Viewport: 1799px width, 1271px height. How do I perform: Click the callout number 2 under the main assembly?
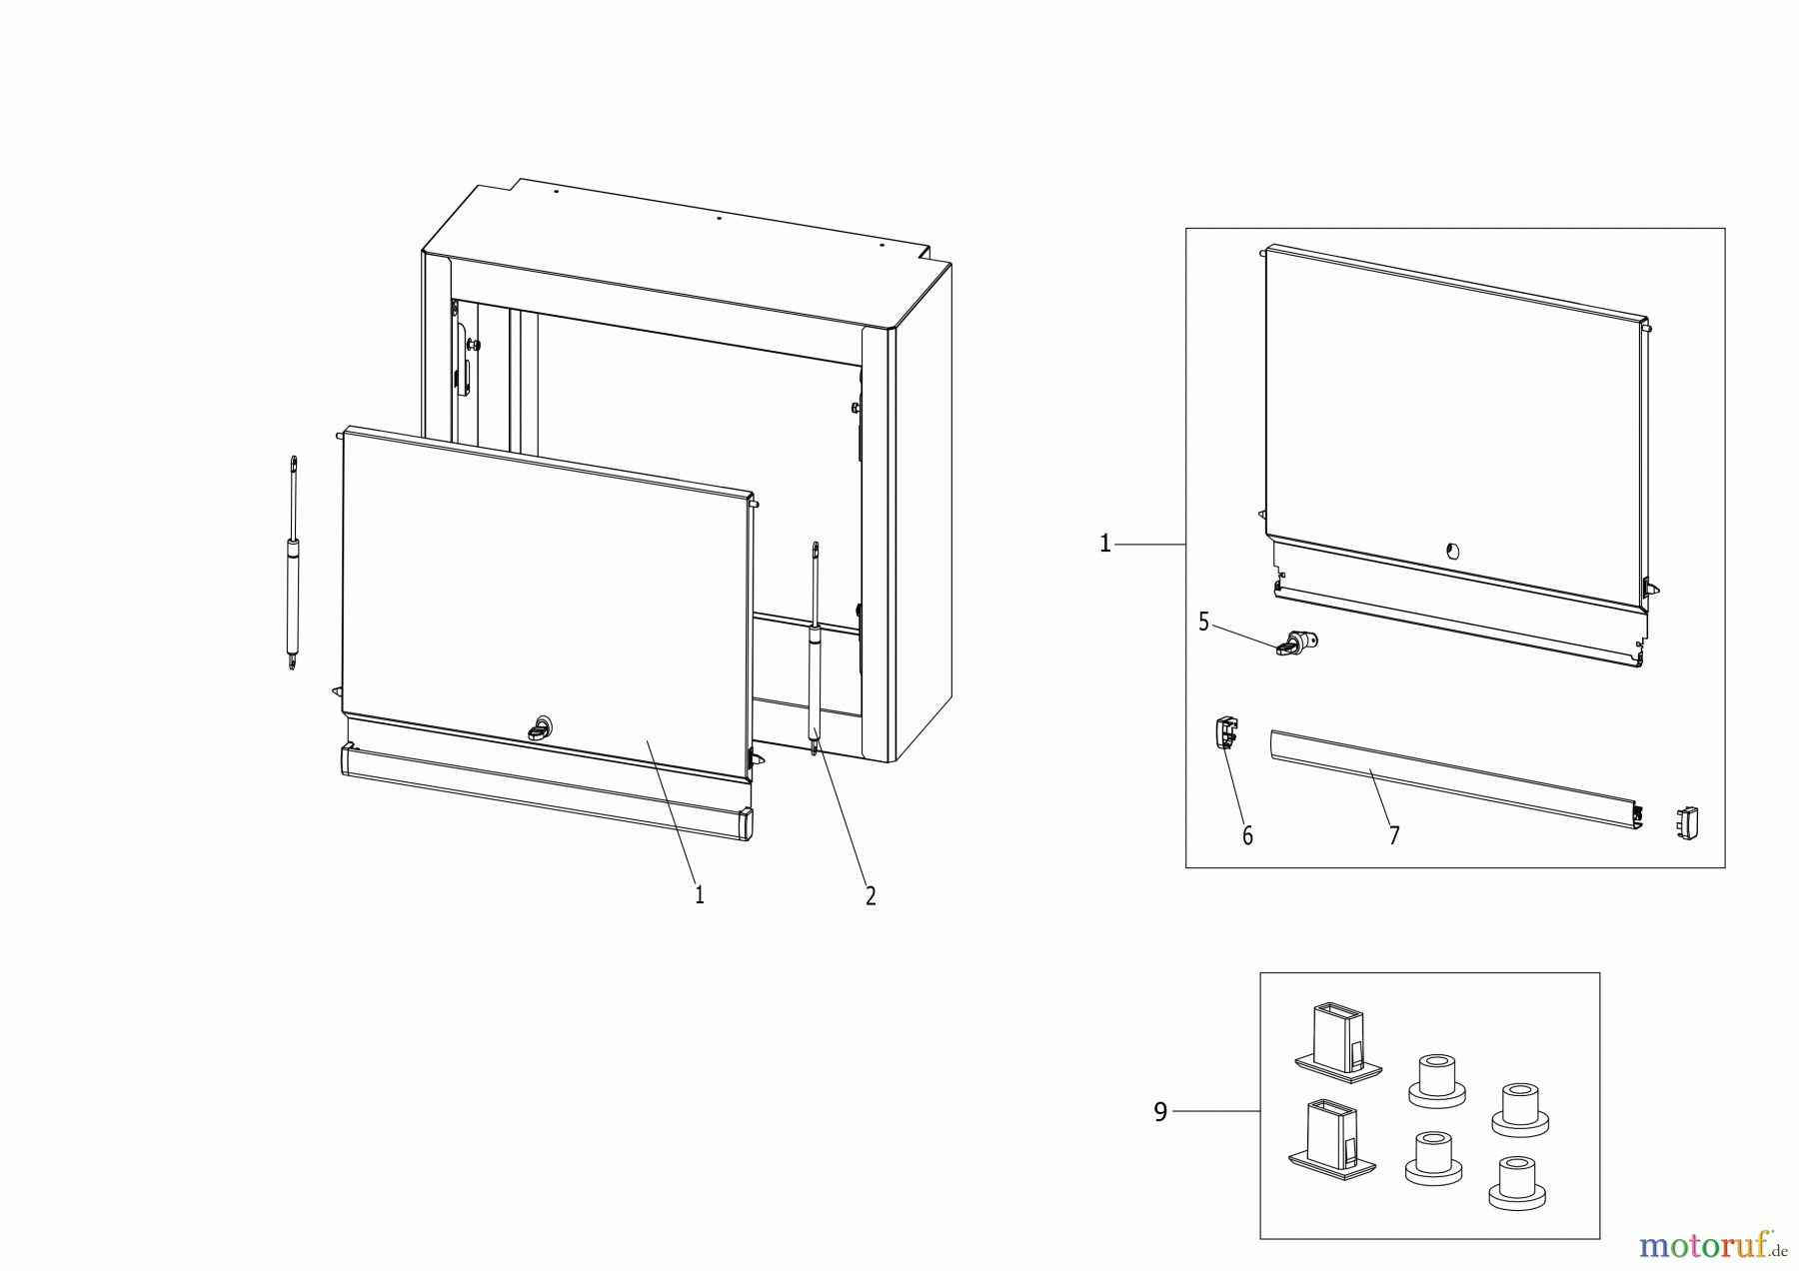(871, 896)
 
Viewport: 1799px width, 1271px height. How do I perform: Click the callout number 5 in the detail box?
(1203, 623)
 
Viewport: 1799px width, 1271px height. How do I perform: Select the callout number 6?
(1247, 836)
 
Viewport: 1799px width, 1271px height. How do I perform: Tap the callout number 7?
(1394, 835)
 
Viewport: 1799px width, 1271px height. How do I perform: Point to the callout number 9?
(1160, 1112)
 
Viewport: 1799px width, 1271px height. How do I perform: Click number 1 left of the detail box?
(1104, 544)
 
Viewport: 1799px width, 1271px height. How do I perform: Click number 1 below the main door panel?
(700, 895)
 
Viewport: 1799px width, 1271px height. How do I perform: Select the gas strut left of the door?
(293, 563)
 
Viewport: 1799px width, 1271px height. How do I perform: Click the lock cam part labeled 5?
(1297, 642)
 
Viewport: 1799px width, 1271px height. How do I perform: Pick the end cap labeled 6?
(1226, 733)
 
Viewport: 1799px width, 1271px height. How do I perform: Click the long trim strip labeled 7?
(1449, 779)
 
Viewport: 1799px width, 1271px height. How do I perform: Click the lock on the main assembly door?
(541, 728)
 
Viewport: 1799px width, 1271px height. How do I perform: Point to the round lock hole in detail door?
(1453, 550)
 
